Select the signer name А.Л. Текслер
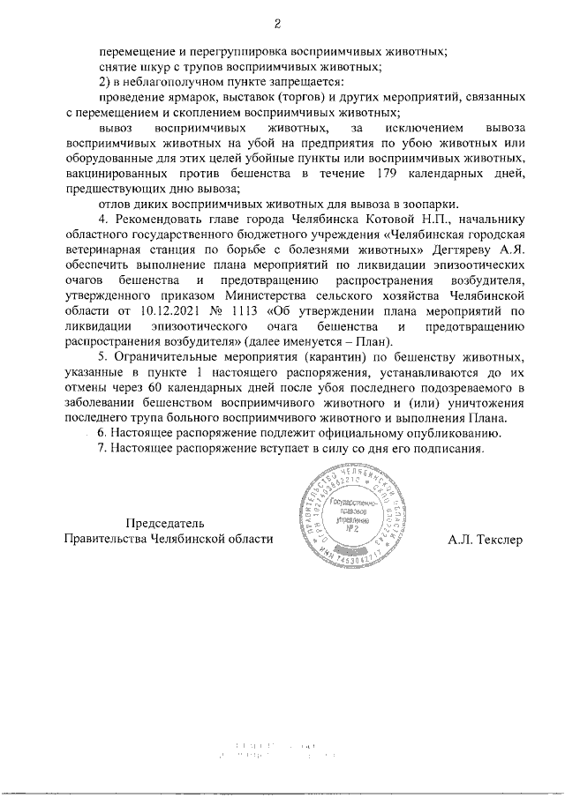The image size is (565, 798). pyautogui.click(x=485, y=538)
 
